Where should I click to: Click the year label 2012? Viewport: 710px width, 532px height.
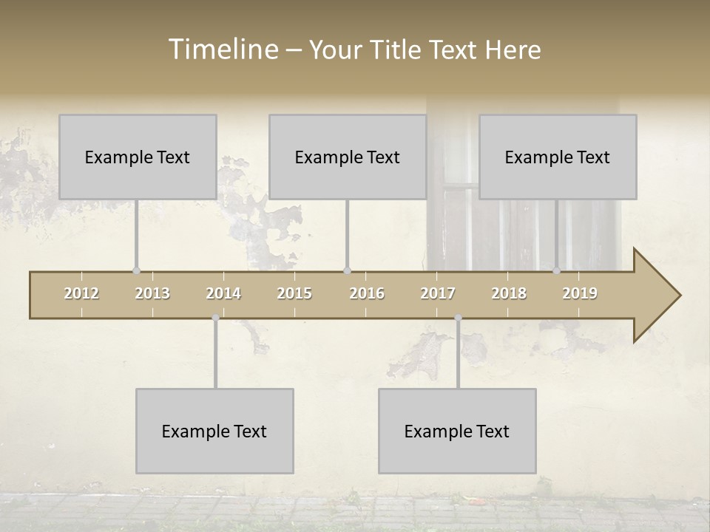click(x=81, y=293)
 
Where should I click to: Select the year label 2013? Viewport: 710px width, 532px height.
click(x=152, y=293)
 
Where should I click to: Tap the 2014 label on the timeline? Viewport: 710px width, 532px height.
click(x=223, y=293)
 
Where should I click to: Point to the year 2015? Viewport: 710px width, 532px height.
click(x=294, y=293)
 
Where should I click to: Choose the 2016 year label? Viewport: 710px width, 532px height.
click(x=367, y=293)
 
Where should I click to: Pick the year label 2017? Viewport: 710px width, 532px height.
click(x=438, y=293)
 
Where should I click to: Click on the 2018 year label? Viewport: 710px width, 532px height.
click(x=509, y=293)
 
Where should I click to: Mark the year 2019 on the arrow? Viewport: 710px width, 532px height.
click(x=580, y=293)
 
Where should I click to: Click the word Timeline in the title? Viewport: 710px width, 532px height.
click(x=223, y=49)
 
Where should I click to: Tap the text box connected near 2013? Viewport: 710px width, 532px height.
click(x=138, y=157)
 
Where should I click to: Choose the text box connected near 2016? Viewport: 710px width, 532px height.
click(x=348, y=157)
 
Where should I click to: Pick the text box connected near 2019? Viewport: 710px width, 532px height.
click(x=558, y=157)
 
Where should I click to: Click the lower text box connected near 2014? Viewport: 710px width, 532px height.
click(x=214, y=431)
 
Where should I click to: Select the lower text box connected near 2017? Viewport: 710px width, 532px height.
click(x=457, y=431)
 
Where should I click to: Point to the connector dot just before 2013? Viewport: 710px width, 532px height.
click(x=136, y=271)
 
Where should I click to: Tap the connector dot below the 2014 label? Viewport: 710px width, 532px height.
click(x=215, y=318)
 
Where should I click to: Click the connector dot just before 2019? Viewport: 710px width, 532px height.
click(x=557, y=271)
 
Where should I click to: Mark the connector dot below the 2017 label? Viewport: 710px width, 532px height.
click(x=458, y=318)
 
